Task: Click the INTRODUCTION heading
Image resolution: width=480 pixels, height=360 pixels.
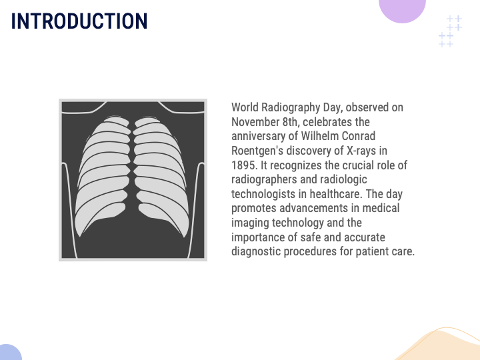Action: (79, 21)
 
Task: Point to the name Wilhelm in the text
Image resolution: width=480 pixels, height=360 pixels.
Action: (322, 136)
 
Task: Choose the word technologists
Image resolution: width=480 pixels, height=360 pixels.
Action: (263, 194)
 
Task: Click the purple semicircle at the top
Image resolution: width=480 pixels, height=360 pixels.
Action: (402, 10)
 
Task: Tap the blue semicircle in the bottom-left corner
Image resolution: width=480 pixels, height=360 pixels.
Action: (9, 353)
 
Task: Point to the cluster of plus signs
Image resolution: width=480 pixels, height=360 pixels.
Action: (450, 31)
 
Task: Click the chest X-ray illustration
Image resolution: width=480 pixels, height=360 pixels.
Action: (133, 179)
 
